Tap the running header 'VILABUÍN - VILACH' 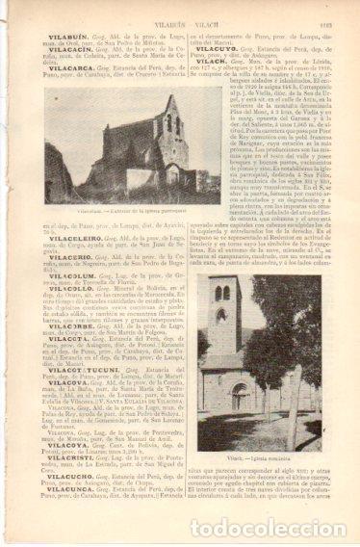coord(182,11)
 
